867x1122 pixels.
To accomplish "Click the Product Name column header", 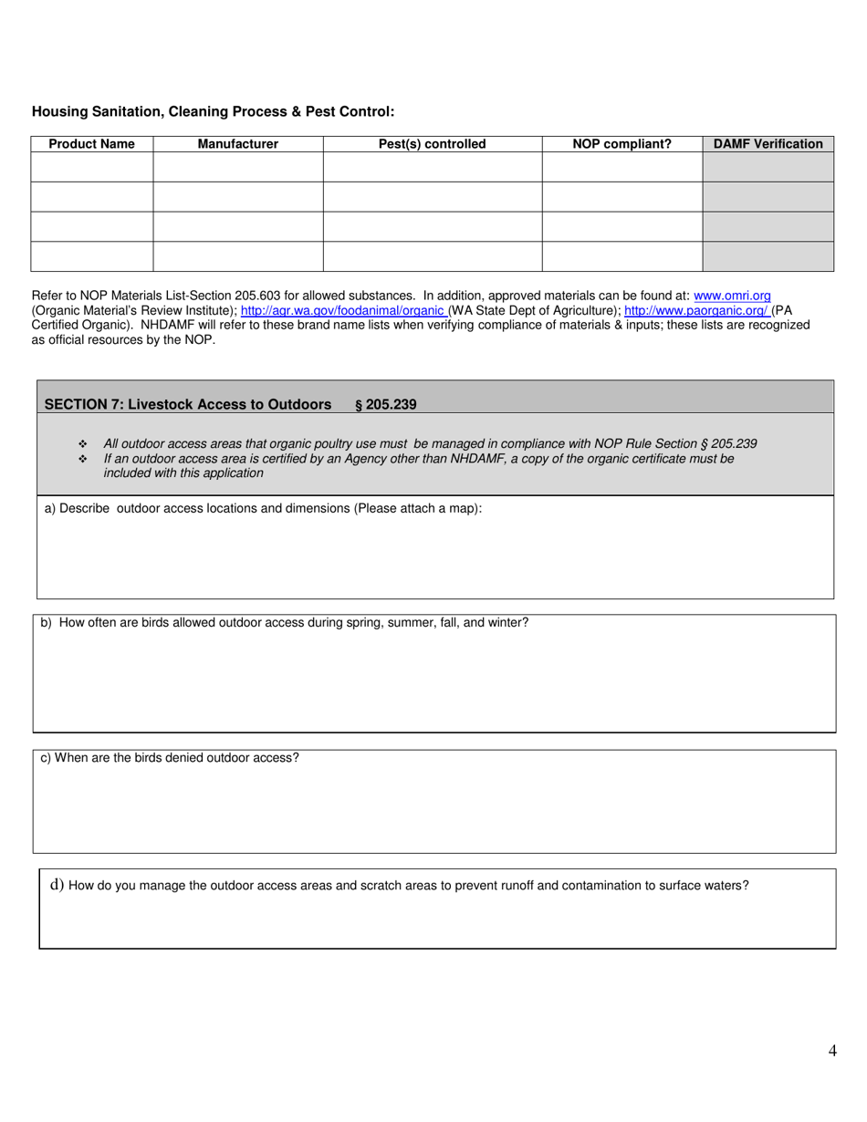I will pyautogui.click(x=91, y=144).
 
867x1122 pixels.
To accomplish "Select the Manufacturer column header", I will pyautogui.click(x=238, y=144).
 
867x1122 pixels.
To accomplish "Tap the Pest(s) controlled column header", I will pyautogui.click(x=433, y=144).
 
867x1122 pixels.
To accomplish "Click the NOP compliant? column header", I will pyautogui.click(x=622, y=144).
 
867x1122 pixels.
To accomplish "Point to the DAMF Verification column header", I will pyautogui.click(x=768, y=144).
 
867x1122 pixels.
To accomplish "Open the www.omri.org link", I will pyautogui.click(x=733, y=296).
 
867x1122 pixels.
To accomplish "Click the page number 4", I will pyautogui.click(x=832, y=1051).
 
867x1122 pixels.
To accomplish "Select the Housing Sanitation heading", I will pyautogui.click(x=213, y=111).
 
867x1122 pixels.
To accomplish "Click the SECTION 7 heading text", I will pyautogui.click(x=187, y=404).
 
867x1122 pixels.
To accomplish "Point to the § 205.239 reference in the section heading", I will pyautogui.click(x=385, y=404).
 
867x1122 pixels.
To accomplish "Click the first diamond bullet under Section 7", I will pyautogui.click(x=83, y=444).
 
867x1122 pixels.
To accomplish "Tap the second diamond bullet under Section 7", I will pyautogui.click(x=83, y=459).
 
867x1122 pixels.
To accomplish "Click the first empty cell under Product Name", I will pyautogui.click(x=91, y=167).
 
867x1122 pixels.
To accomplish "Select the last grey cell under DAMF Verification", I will pyautogui.click(x=768, y=256).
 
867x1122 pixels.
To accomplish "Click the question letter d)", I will pyautogui.click(x=57, y=884).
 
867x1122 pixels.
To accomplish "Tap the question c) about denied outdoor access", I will pyautogui.click(x=170, y=758).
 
